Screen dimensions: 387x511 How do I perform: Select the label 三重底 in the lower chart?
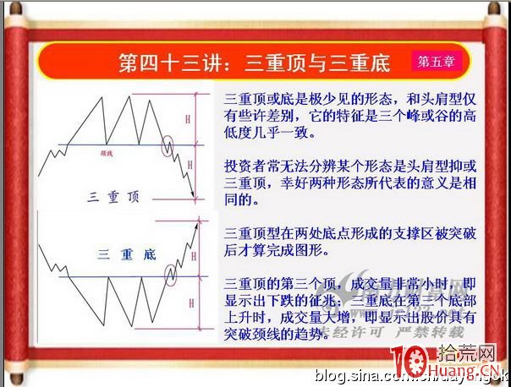(x=127, y=253)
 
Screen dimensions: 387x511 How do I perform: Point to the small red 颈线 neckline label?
(x=106, y=154)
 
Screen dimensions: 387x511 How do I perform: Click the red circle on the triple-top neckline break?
(x=169, y=145)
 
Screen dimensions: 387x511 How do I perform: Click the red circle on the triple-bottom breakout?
(x=171, y=273)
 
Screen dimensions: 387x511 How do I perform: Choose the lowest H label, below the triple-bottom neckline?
(x=191, y=302)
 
